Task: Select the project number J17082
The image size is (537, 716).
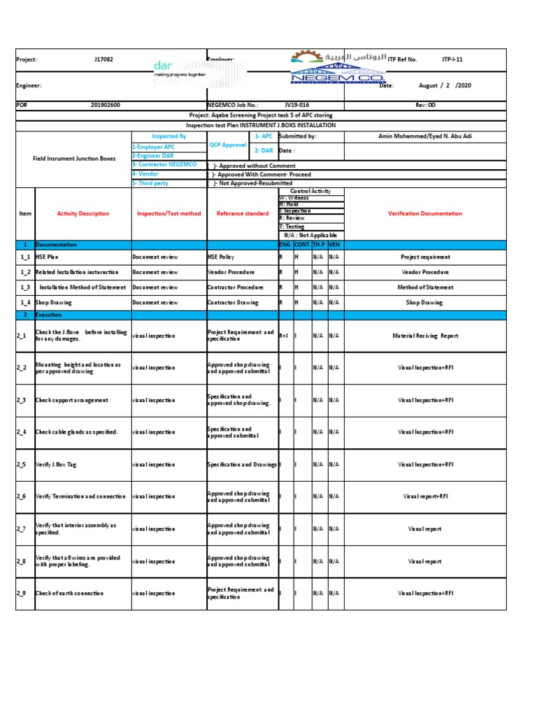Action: pyautogui.click(x=103, y=60)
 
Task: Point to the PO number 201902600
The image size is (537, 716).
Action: pyautogui.click(x=106, y=105)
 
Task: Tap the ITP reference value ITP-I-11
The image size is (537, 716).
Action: pyautogui.click(x=452, y=60)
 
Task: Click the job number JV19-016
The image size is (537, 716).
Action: pyautogui.click(x=296, y=105)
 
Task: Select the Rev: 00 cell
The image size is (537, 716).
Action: pyautogui.click(x=425, y=105)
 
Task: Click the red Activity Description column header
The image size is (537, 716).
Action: pyautogui.click(x=83, y=213)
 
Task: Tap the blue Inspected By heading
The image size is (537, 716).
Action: pyautogui.click(x=169, y=136)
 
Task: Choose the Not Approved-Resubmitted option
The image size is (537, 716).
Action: pyautogui.click(x=252, y=183)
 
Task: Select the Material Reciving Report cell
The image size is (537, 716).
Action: pyautogui.click(x=425, y=336)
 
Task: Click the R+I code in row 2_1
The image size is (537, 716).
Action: pyautogui.click(x=284, y=336)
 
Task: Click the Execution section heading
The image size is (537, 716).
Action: pyautogui.click(x=49, y=315)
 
